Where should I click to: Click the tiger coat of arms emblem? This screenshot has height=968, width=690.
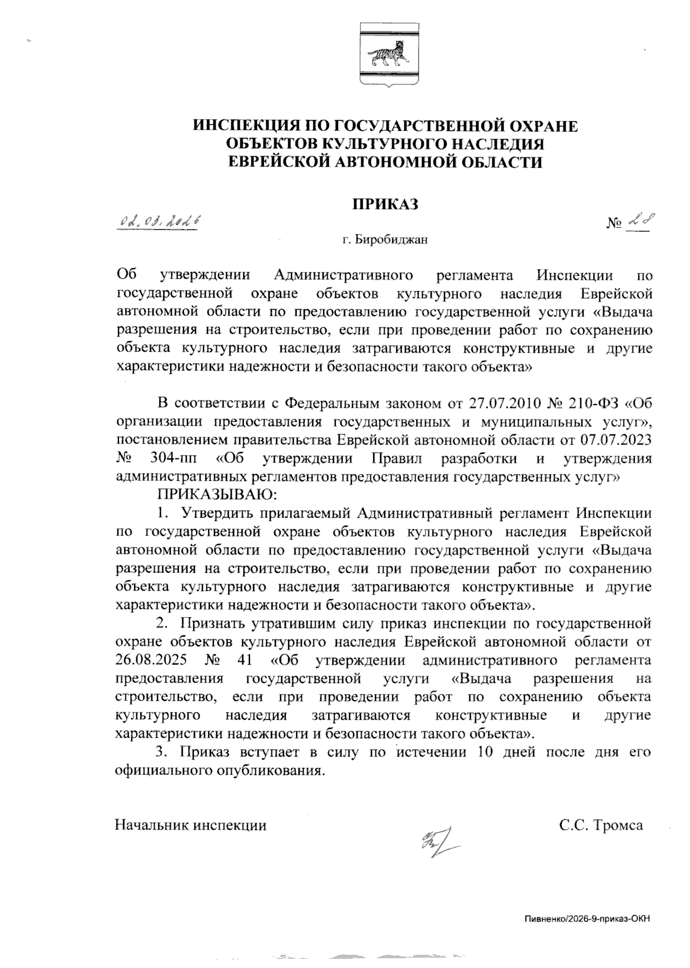(x=384, y=55)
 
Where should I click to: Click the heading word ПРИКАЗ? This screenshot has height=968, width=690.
(x=384, y=203)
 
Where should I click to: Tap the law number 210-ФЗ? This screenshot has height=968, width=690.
(x=598, y=402)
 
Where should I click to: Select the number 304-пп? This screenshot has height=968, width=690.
(x=171, y=458)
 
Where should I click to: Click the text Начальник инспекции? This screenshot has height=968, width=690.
(x=191, y=826)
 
